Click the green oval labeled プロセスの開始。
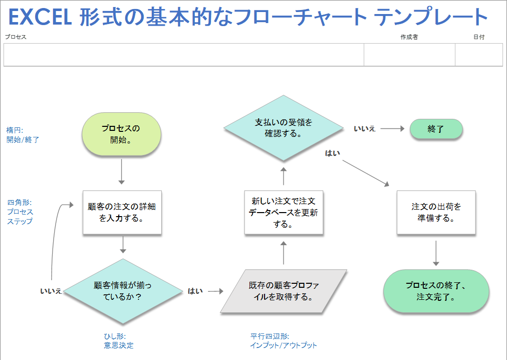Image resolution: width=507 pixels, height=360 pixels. [x=121, y=134]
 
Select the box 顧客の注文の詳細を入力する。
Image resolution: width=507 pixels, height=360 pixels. [x=122, y=213]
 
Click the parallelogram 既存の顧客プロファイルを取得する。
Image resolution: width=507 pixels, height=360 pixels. [x=284, y=291]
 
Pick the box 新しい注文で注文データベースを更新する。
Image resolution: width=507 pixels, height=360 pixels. [x=284, y=213]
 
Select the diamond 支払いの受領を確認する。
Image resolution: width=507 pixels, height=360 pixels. [x=284, y=128]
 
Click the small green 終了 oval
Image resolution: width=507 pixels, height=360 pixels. [x=436, y=129]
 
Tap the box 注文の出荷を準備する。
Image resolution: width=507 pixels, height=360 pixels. [x=436, y=213]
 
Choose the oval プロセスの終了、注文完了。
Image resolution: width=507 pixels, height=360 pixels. [x=436, y=291]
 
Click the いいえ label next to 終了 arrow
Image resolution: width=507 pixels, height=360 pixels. [x=365, y=129]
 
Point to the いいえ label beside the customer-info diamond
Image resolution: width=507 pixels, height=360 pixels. [x=51, y=291]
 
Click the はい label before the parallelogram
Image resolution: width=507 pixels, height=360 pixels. [x=195, y=291]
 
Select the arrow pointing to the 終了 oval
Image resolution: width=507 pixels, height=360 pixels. [x=392, y=128]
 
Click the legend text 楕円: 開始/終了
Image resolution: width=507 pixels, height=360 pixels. [x=22, y=135]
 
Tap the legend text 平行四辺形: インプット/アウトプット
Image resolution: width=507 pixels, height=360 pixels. [x=284, y=340]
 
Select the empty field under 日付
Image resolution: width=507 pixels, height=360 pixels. [x=478, y=55]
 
